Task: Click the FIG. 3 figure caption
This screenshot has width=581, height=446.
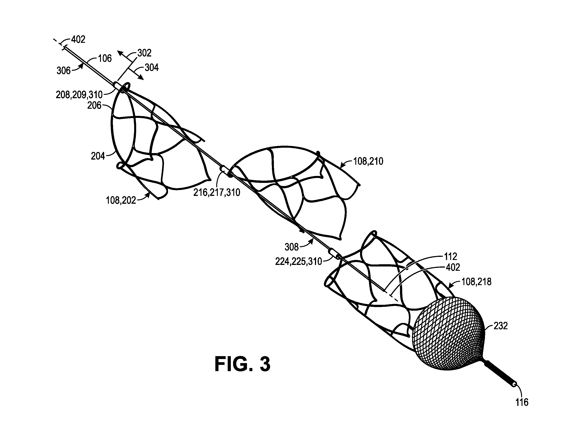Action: click(242, 364)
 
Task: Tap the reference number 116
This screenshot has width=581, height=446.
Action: click(522, 403)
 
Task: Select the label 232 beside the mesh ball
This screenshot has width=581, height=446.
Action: click(500, 326)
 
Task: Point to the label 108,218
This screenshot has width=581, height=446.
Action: click(476, 281)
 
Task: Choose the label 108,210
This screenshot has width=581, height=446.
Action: click(368, 161)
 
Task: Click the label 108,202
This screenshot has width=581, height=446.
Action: click(121, 200)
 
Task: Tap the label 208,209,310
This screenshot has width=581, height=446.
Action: click(79, 95)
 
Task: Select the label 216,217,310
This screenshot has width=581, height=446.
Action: click(217, 192)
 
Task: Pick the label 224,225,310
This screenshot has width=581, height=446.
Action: click(299, 262)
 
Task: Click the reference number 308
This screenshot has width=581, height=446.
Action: click(292, 247)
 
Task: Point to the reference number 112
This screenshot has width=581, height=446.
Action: click(451, 256)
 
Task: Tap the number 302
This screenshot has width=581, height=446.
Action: click(144, 53)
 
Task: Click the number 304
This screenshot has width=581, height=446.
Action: click(151, 68)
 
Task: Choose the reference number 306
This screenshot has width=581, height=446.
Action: click(63, 71)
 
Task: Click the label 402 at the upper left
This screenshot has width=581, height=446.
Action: click(78, 39)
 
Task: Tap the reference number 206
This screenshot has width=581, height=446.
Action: click(94, 105)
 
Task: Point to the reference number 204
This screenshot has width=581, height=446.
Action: click(98, 156)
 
